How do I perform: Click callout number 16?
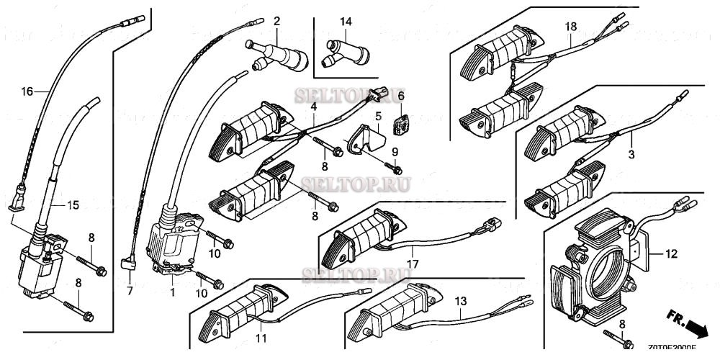[x=27, y=91]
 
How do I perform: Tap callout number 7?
[x=130, y=291]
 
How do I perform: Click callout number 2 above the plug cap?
[x=276, y=19]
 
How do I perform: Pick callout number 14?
[x=346, y=22]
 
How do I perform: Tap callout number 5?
[x=377, y=115]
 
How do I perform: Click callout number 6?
[x=402, y=96]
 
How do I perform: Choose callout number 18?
[x=571, y=27]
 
